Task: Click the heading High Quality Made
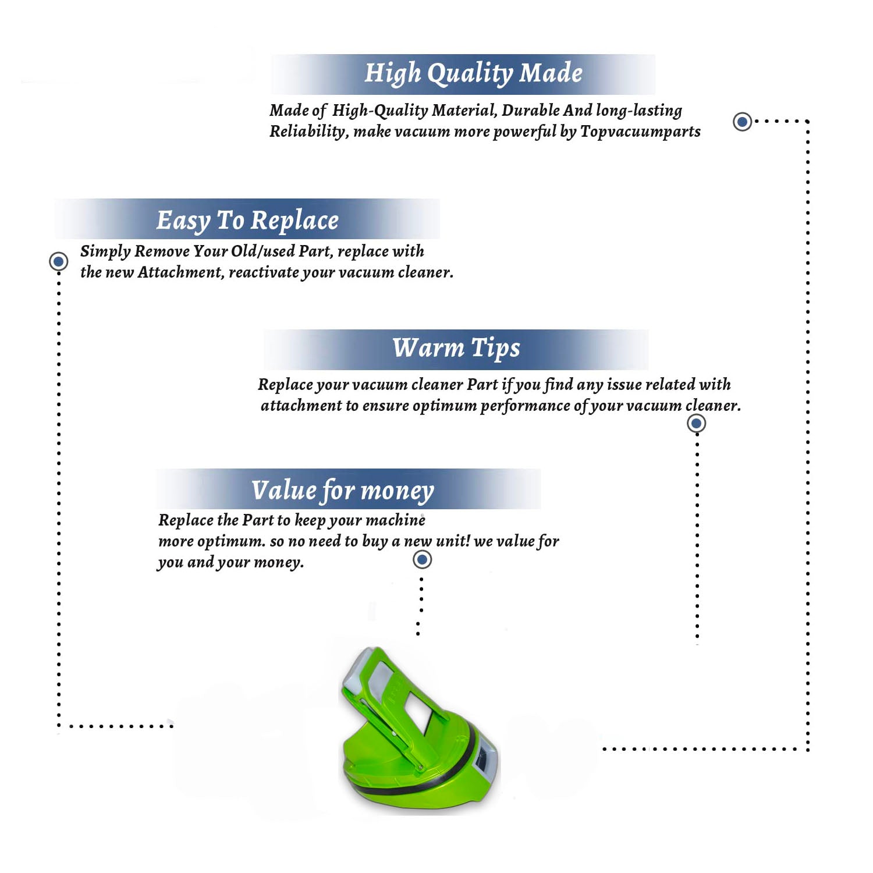pyautogui.click(x=473, y=74)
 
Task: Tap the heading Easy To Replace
pyautogui.click(x=247, y=221)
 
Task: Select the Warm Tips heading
pyautogui.click(x=456, y=348)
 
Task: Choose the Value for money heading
pyautogui.click(x=343, y=490)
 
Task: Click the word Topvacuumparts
pyautogui.click(x=640, y=132)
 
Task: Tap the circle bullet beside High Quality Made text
pyautogui.click(x=742, y=122)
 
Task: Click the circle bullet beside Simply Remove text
pyautogui.click(x=58, y=261)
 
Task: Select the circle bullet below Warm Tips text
pyautogui.click(x=696, y=423)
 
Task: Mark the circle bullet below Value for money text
pyautogui.click(x=422, y=560)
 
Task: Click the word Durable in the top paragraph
pyautogui.click(x=531, y=111)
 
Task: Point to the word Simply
pyautogui.click(x=105, y=252)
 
